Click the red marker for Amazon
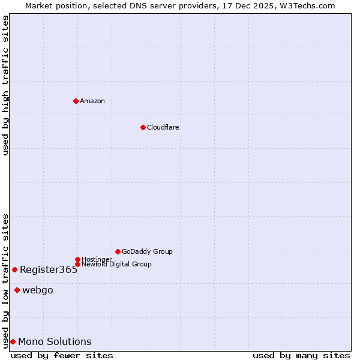pos(76,101)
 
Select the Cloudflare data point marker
pos(143,127)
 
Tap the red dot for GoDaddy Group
pos(118,251)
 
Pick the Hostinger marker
pos(77,259)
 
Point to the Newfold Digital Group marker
pos(77,264)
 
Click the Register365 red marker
pos(14,269)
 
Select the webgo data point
pos(17,290)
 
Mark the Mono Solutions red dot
pos(13,341)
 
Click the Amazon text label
pos(92,101)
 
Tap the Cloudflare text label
pos(163,127)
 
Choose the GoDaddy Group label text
pos(147,251)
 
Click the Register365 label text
pos(49,270)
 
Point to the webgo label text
pos(38,290)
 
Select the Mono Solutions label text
pos(55,342)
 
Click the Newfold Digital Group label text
pos(117,265)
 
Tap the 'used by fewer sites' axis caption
pos(62,355)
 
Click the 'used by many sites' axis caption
pos(301,355)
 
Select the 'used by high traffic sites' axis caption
pos(5,85)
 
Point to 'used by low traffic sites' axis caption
pos(5,281)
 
